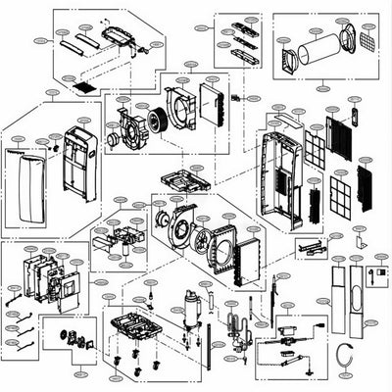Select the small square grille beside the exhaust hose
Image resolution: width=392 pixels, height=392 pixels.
[x=367, y=40]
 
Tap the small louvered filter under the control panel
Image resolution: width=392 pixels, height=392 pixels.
[x=85, y=86]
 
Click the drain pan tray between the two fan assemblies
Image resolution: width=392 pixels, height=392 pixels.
[x=186, y=181]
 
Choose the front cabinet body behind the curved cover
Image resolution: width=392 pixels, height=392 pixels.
[x=78, y=157]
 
